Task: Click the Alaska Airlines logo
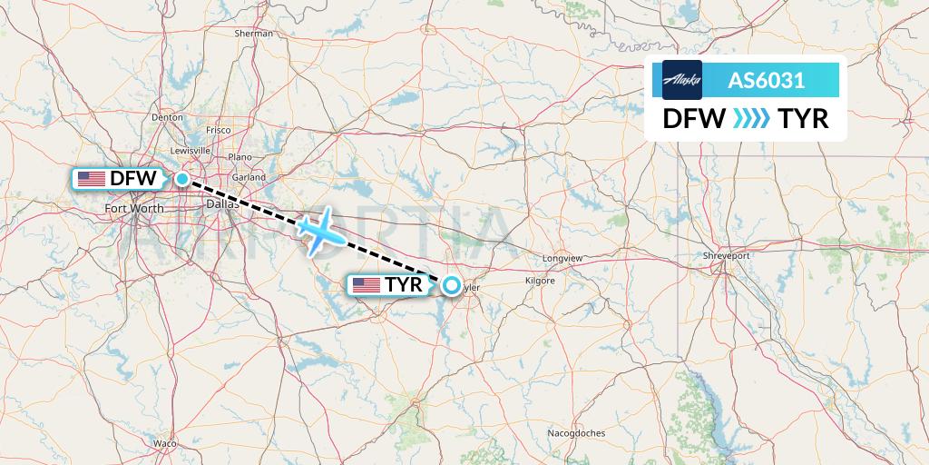682,80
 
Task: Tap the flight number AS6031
767,80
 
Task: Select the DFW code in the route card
694,119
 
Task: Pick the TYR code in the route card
803,119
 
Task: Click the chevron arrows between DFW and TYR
749,119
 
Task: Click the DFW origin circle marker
182,179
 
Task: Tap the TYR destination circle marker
451,285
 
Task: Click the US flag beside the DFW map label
91,179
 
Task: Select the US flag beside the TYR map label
366,285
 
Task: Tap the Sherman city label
253,34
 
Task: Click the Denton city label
168,117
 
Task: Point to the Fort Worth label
134,209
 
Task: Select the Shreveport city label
726,256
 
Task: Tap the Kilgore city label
539,282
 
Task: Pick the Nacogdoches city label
576,434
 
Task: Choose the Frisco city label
219,130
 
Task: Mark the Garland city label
247,177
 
